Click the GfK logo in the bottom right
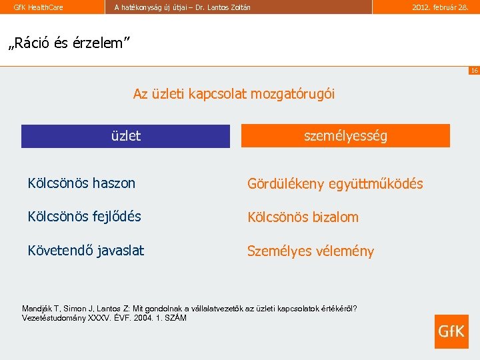click(x=451, y=331)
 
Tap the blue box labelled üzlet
click(x=125, y=136)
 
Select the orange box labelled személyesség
click(x=345, y=136)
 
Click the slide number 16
click(x=473, y=70)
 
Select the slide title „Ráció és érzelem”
click(x=68, y=43)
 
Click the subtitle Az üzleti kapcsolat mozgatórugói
click(x=234, y=94)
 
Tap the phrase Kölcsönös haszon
click(x=81, y=183)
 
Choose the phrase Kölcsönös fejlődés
click(x=84, y=217)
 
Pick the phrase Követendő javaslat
click(x=85, y=251)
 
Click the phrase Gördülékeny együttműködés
click(x=335, y=184)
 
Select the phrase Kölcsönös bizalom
click(x=303, y=217)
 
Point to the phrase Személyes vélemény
click(x=310, y=251)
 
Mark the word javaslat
click(x=120, y=251)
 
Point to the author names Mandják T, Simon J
click(x=59, y=309)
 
